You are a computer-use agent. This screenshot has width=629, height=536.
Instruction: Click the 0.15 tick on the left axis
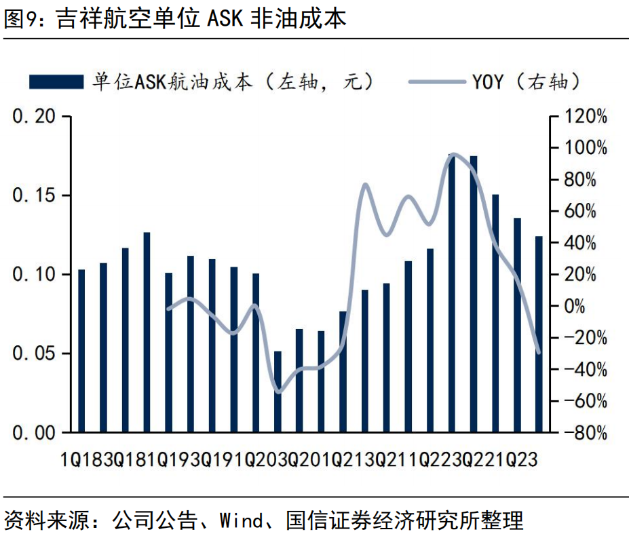(x=35, y=196)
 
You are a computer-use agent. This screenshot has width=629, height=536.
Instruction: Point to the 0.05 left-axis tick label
(x=35, y=353)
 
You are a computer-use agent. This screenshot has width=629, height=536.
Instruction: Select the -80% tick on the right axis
(x=582, y=433)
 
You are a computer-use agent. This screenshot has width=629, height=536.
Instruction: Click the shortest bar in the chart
(x=278, y=391)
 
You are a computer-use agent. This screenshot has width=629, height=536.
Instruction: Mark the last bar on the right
(x=539, y=334)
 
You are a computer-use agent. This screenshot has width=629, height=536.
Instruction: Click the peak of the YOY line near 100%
(x=453, y=155)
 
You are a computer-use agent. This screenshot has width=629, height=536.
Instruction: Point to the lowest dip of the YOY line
(x=278, y=391)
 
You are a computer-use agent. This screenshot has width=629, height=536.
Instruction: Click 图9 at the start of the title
(x=20, y=18)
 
